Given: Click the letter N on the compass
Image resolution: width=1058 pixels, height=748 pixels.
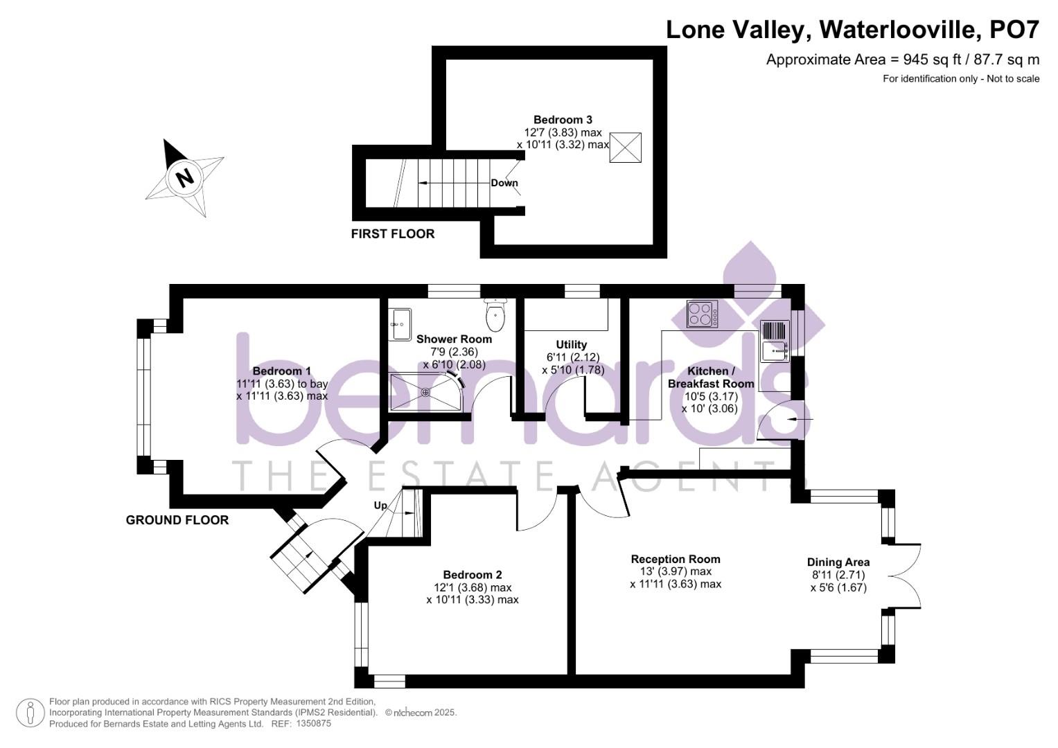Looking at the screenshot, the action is click(x=185, y=178).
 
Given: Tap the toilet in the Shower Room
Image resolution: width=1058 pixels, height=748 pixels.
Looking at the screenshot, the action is click(x=495, y=314).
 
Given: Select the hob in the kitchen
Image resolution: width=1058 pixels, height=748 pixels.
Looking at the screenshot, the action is click(x=702, y=314).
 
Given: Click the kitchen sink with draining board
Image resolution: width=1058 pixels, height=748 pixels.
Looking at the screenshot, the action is click(x=775, y=341).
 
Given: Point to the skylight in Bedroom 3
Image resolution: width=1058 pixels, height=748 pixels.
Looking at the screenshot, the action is click(x=626, y=148).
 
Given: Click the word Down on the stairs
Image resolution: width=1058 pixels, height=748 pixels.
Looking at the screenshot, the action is click(x=504, y=183).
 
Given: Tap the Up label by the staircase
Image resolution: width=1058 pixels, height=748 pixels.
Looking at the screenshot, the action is click(x=380, y=506).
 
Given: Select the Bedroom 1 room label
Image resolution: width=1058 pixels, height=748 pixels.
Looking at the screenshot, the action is click(x=281, y=371).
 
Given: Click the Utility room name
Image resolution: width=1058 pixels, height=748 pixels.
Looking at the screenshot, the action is click(x=571, y=345).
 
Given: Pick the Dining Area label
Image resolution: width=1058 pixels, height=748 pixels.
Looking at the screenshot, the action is click(x=838, y=562).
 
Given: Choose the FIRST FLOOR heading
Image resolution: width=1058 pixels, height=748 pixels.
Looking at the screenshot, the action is click(x=392, y=234).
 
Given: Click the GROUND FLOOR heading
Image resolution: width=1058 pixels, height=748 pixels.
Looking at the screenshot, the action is click(x=177, y=520).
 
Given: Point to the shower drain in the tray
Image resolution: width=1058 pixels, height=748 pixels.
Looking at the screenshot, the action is click(x=425, y=392).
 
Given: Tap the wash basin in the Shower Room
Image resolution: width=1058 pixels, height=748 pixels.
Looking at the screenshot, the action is click(x=400, y=324).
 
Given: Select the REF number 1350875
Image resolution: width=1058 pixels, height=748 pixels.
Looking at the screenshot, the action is click(x=314, y=724).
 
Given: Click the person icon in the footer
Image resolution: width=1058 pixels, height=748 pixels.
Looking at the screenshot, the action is click(x=30, y=713).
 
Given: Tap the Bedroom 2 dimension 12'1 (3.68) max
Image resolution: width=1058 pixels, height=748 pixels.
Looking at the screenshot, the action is click(x=473, y=587).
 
